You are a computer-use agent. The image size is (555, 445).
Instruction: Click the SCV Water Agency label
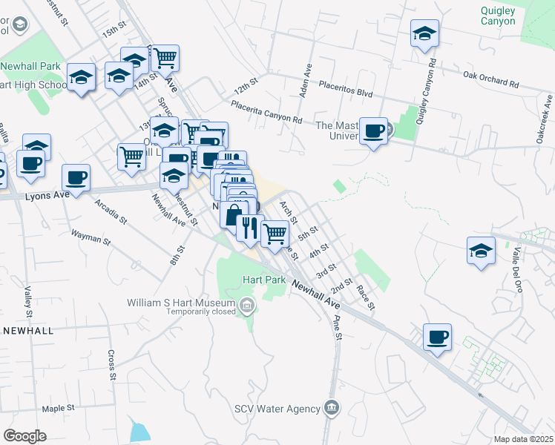coord(277,409)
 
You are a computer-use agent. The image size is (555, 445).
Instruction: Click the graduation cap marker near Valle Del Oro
coord(481,251)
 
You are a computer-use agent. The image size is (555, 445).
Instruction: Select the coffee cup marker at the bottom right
coord(437,337)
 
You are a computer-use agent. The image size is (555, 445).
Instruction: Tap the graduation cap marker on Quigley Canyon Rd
coord(425,33)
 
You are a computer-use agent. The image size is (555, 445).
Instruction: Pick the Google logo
coord(24,436)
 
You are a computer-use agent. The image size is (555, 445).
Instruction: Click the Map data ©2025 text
coord(523,439)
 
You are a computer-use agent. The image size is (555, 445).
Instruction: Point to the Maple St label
coord(59,408)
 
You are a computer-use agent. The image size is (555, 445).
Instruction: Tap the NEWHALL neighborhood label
coord(28,330)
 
